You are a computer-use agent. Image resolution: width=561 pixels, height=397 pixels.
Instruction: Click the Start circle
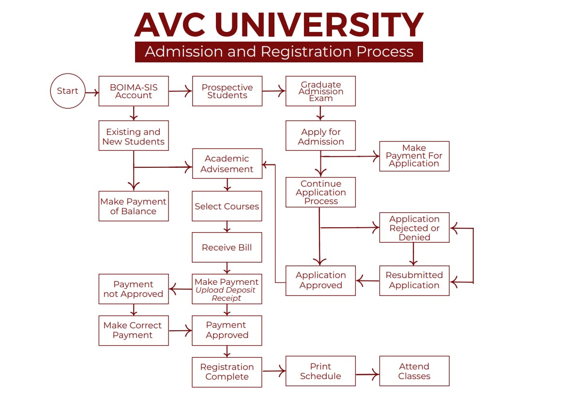point(68,91)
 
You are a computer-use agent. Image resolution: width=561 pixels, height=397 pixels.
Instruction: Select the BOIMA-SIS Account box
point(134,91)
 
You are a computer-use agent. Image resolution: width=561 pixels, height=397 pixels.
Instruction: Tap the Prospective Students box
point(227,91)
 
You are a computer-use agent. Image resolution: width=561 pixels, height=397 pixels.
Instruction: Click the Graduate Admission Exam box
point(320,91)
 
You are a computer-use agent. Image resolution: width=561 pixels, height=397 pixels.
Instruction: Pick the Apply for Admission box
point(320,136)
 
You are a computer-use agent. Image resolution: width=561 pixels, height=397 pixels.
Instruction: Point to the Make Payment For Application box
point(414,156)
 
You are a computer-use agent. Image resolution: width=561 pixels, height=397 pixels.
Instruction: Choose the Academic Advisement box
point(227,163)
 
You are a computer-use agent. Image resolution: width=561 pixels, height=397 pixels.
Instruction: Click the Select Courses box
point(227,206)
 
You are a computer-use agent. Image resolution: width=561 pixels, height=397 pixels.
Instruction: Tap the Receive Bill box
point(227,247)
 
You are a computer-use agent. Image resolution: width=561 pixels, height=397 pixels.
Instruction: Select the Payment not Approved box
point(134,289)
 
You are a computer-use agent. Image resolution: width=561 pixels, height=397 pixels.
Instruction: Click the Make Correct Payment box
point(134,330)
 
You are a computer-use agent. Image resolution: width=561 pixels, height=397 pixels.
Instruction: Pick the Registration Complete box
point(227,372)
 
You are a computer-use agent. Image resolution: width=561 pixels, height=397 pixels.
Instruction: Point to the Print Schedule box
point(320,371)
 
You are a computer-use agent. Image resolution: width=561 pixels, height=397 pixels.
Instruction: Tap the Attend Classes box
point(414,371)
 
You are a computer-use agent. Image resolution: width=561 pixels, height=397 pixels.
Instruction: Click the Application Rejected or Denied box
point(414,227)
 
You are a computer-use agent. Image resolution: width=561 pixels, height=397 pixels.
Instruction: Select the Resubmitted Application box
point(414,280)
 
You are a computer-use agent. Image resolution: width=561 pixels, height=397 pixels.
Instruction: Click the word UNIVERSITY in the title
point(319,25)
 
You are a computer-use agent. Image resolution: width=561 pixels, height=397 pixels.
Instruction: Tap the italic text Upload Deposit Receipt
point(226,294)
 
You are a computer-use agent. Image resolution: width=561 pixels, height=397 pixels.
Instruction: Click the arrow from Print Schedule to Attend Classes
point(367,374)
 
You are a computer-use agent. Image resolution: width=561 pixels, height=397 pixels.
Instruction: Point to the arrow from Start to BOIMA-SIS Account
point(92,91)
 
